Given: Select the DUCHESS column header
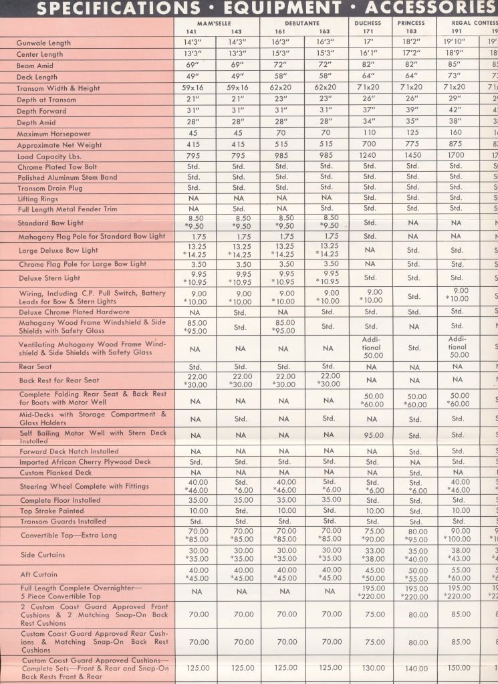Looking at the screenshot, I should point(368,23).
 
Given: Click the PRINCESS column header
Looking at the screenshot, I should point(411,23).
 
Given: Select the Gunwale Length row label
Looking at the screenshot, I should point(43,43).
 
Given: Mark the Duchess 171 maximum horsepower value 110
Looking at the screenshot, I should point(370,134).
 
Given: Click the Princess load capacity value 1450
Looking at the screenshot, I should point(412,156).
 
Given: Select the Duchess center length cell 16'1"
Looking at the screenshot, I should point(370,54).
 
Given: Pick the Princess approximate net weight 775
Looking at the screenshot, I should point(412,145).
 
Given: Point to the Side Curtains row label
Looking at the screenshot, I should point(43,555).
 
